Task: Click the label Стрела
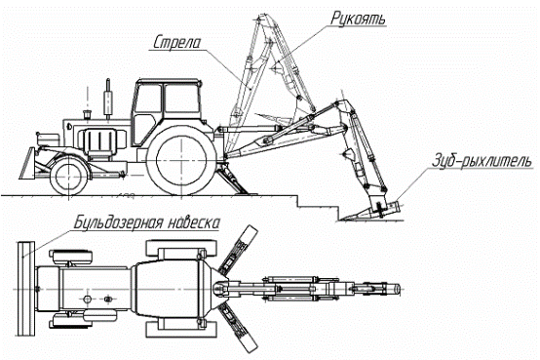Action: (176, 42)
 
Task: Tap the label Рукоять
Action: (358, 18)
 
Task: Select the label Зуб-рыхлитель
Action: (482, 161)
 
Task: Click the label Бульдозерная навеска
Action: (147, 222)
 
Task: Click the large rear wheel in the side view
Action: (181, 160)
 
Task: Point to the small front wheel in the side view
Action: (69, 176)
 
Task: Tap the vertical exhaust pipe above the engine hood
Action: (108, 99)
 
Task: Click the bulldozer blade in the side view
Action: (27, 164)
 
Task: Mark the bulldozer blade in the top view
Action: (26, 289)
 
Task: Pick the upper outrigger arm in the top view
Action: (238, 250)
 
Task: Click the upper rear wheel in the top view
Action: (182, 249)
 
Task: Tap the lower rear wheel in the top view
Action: (182, 329)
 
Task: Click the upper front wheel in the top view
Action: (71, 257)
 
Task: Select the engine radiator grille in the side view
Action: (99, 140)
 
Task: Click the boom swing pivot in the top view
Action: (219, 289)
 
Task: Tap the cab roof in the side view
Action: (168, 82)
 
